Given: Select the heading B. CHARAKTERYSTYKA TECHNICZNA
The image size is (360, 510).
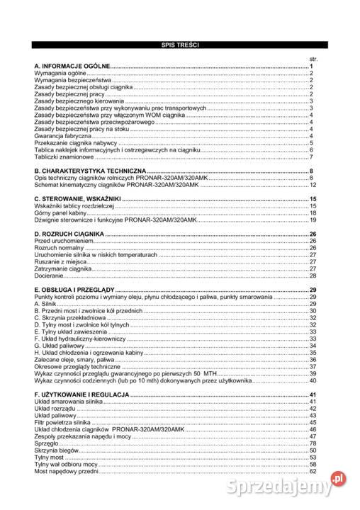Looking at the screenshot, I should pos(90,171).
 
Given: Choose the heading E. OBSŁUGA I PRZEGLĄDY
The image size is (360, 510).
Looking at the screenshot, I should pos(74,290).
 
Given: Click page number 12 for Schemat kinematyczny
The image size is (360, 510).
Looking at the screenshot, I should pos(312,185).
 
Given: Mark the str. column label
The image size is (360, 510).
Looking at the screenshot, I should pos(313,58).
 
